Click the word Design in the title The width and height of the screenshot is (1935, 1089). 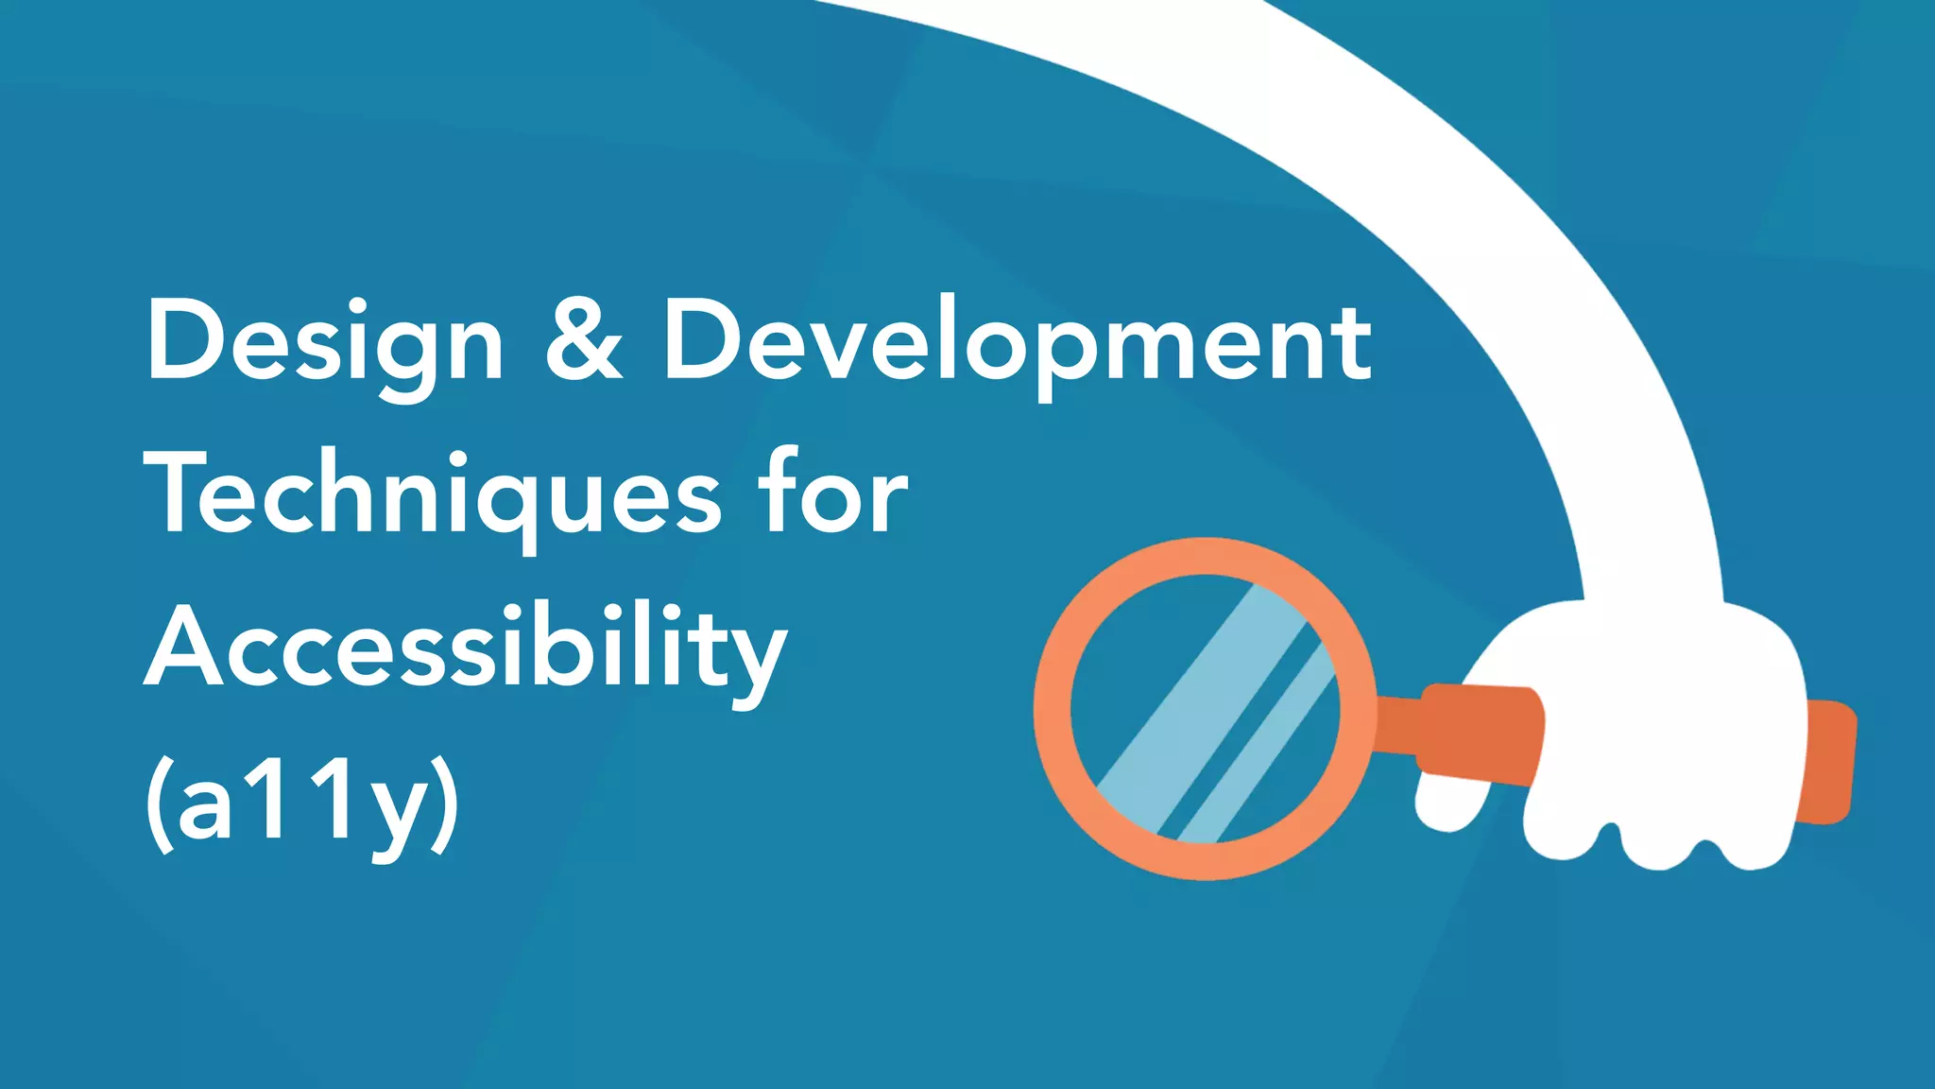[325, 342]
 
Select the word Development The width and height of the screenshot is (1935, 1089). [1017, 342]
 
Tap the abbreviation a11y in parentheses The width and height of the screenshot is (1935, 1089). [302, 804]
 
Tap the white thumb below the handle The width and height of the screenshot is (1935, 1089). [1450, 804]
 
